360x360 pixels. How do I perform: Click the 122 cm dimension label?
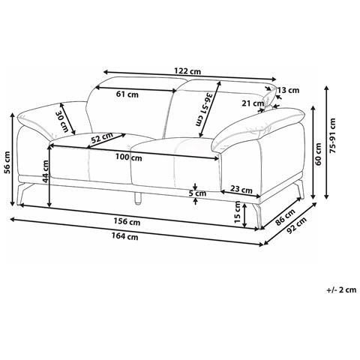click(187, 71)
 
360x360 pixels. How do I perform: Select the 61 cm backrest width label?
click(127, 94)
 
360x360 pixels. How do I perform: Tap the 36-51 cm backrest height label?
click(205, 109)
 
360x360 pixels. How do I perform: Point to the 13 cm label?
click(288, 90)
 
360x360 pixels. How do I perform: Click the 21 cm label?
click(253, 103)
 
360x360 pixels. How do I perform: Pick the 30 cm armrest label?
click(61, 121)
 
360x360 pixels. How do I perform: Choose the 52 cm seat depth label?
click(102, 138)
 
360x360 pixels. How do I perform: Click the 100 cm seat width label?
click(129, 157)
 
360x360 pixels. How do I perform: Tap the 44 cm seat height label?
click(46, 171)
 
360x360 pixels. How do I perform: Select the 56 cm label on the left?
click(8, 163)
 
